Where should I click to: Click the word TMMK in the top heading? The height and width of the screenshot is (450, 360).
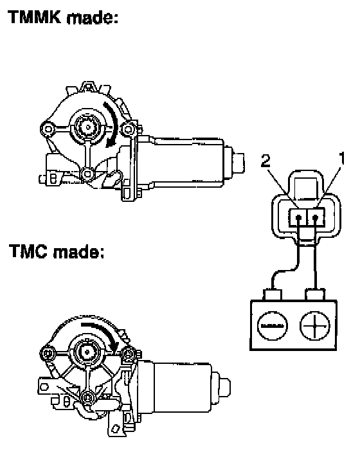click(35, 17)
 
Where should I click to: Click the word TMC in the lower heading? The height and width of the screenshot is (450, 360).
click(28, 251)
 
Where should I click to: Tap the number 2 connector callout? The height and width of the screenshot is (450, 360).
click(265, 161)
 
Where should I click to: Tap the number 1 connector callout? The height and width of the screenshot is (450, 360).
click(341, 158)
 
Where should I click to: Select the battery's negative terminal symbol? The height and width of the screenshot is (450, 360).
click(273, 326)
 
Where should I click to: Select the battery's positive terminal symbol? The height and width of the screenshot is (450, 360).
click(314, 326)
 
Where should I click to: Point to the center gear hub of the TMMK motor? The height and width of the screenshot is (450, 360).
click(87, 127)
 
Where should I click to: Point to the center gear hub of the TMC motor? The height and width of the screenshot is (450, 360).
click(86, 352)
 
